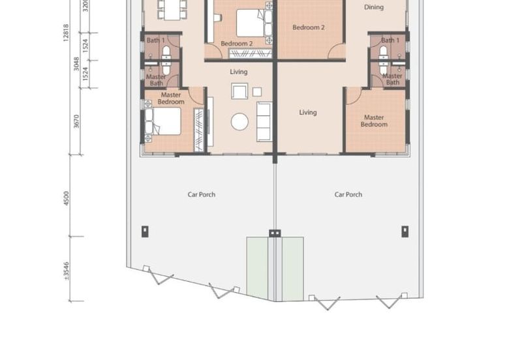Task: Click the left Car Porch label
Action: pyautogui.click(x=202, y=194)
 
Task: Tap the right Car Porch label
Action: pyautogui.click(x=348, y=194)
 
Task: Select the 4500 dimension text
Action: pyautogui.click(x=67, y=198)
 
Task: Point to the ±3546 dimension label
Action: pyautogui.click(x=67, y=271)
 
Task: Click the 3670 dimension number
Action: pyautogui.click(x=76, y=121)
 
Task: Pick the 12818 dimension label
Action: pyautogui.click(x=66, y=33)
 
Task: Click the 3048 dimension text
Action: pyautogui.click(x=76, y=64)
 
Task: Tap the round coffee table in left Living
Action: pyautogui.click(x=239, y=121)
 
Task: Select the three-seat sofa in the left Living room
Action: pyautogui.click(x=265, y=122)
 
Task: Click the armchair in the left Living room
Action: pyautogui.click(x=239, y=91)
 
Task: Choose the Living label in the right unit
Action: pyautogui.click(x=308, y=112)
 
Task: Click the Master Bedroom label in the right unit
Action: pyautogui.click(x=374, y=121)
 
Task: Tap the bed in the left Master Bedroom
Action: pyautogui.click(x=163, y=121)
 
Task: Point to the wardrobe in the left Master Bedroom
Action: pyautogui.click(x=199, y=130)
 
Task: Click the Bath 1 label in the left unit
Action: pyautogui.click(x=156, y=40)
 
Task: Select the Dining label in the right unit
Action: pyautogui.click(x=374, y=7)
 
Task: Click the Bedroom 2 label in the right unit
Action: pyautogui.click(x=309, y=27)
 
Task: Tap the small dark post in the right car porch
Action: pyautogui.click(x=405, y=232)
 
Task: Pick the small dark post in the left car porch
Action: pyautogui.click(x=145, y=232)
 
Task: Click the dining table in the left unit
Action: pyautogui.click(x=172, y=10)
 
